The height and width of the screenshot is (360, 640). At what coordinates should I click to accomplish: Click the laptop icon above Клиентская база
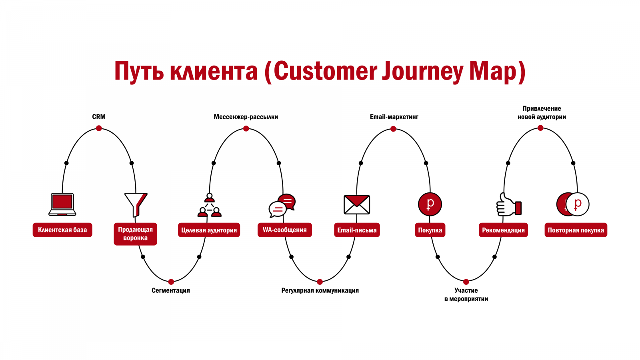tap(62, 204)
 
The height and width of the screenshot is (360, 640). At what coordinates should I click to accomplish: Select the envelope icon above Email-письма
tap(357, 204)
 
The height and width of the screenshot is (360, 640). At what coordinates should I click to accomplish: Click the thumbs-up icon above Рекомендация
tap(508, 204)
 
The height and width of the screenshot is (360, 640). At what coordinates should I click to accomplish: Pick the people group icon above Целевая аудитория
tap(210, 205)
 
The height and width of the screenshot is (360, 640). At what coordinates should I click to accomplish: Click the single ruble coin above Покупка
tap(430, 204)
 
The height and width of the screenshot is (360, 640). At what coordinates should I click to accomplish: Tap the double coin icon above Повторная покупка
tap(573, 204)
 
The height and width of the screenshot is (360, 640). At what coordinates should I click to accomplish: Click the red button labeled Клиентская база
tap(62, 230)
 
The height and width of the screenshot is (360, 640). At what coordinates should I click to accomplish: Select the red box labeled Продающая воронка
tap(135, 234)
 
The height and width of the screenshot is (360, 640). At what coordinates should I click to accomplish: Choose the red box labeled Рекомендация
tap(503, 230)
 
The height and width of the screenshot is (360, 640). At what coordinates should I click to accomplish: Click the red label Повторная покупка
tap(576, 230)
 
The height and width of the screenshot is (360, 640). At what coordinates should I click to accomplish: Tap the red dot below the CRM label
tap(99, 128)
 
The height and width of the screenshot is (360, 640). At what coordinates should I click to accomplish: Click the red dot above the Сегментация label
tap(171, 282)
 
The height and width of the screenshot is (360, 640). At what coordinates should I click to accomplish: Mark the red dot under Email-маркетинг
tap(393, 129)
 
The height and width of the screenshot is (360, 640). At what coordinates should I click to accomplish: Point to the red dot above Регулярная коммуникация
tap(320, 282)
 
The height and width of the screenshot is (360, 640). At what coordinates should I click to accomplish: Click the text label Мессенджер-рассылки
tap(246, 117)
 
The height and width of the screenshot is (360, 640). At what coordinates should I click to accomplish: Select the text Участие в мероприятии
tap(466, 295)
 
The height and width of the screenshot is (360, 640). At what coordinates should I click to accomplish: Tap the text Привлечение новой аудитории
tap(542, 113)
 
